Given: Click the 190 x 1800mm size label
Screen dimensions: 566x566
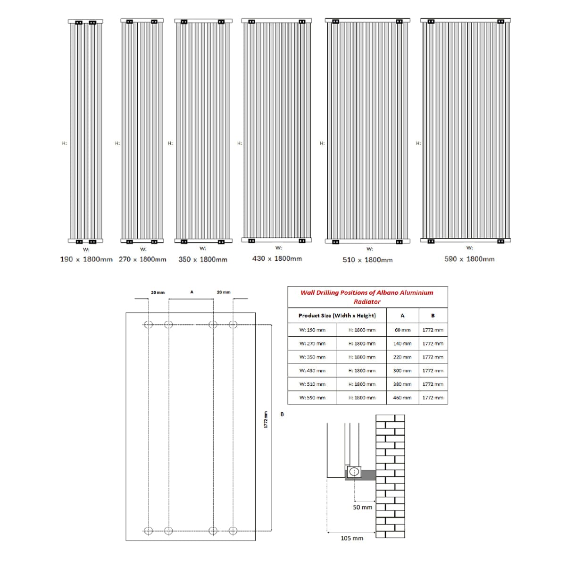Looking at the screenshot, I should click(86, 259).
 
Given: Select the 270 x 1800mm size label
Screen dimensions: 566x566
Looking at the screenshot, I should click(142, 259).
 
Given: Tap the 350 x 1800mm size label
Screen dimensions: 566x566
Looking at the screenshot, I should click(203, 259).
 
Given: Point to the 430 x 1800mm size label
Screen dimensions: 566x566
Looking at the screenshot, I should click(277, 258).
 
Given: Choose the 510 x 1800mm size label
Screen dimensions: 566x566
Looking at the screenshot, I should click(367, 260).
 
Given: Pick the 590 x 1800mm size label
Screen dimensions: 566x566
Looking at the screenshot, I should click(469, 259).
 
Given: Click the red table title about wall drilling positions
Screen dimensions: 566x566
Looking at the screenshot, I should click(367, 297).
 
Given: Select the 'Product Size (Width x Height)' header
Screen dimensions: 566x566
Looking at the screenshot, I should click(337, 316).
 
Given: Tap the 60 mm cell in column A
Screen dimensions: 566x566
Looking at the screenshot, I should click(402, 330).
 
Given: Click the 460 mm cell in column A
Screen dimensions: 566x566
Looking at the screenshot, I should click(402, 398).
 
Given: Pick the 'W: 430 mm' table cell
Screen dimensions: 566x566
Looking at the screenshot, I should click(312, 371).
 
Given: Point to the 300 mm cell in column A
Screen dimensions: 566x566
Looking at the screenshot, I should click(402, 371).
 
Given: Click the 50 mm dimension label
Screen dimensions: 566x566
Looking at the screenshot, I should click(362, 507).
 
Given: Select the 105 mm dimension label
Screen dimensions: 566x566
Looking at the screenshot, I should click(352, 538).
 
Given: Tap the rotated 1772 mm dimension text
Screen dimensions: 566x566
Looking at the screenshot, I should click(266, 420).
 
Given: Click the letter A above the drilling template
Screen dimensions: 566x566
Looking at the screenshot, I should click(191, 292).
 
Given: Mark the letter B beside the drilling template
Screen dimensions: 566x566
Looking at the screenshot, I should click(282, 415).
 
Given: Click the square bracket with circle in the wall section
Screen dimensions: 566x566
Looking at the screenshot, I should click(354, 472).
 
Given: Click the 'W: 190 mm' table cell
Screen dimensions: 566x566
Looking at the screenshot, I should click(312, 330).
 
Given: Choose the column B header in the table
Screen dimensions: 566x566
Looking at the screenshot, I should click(433, 316).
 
